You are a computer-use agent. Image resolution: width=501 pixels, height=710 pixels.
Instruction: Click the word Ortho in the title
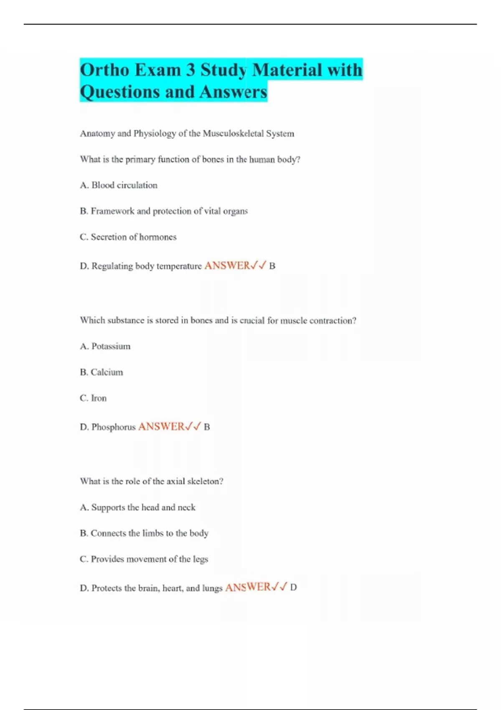pyautogui.click(x=104, y=70)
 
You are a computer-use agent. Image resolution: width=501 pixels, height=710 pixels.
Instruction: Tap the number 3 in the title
pyautogui.click(x=190, y=70)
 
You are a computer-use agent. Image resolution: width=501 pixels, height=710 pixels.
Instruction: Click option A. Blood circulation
pyautogui.click(x=119, y=185)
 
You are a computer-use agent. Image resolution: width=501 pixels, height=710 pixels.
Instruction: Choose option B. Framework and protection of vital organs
pyautogui.click(x=164, y=211)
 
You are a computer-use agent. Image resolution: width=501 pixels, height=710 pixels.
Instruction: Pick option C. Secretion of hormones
pyautogui.click(x=128, y=237)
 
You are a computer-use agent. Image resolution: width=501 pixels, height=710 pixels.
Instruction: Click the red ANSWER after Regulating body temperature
pyautogui.click(x=227, y=266)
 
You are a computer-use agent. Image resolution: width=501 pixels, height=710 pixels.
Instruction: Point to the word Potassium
pyautogui.click(x=111, y=346)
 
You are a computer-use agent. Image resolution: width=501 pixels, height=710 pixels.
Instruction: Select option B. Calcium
pyautogui.click(x=101, y=372)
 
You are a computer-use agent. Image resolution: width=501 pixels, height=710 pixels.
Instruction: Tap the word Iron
pyautogui.click(x=99, y=398)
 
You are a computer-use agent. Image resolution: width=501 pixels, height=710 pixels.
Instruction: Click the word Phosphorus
pyautogui.click(x=114, y=427)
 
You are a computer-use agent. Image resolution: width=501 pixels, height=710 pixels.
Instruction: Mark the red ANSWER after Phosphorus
pyautogui.click(x=161, y=426)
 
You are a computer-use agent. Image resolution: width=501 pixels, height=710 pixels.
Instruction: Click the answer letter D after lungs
pyautogui.click(x=294, y=588)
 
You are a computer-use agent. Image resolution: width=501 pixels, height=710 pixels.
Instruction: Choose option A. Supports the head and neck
pyautogui.click(x=137, y=507)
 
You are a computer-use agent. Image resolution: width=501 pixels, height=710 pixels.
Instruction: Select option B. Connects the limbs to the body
pyautogui.click(x=144, y=533)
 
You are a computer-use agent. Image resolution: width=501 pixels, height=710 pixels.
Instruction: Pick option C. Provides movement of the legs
pyautogui.click(x=144, y=559)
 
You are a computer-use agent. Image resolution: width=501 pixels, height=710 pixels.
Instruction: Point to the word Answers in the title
pyautogui.click(x=233, y=92)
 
